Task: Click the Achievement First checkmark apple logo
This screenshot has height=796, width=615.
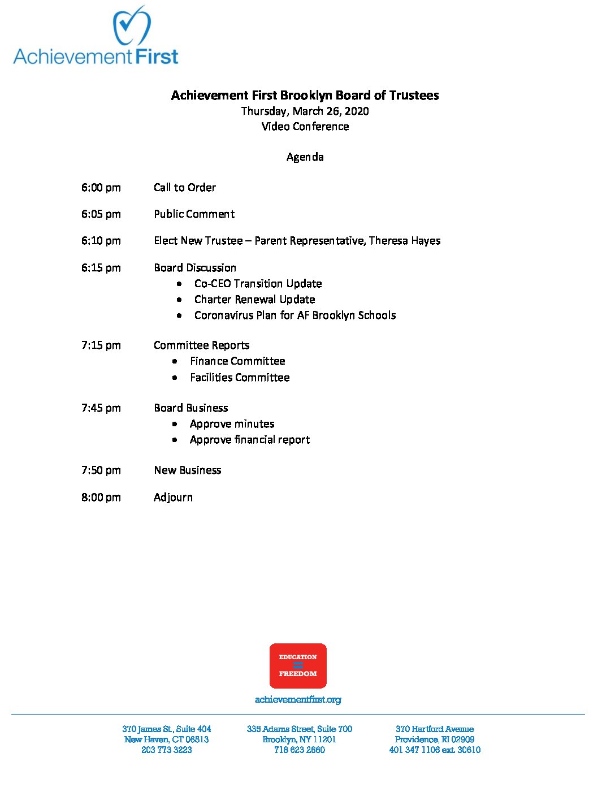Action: (x=132, y=27)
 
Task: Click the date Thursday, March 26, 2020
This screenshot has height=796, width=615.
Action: (x=305, y=111)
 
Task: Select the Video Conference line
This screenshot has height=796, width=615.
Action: (x=305, y=126)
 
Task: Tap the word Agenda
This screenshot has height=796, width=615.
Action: (x=305, y=157)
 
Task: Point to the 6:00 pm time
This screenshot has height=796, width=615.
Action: (x=101, y=187)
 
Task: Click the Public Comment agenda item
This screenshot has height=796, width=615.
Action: (x=194, y=214)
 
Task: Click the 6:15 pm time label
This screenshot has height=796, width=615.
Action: (x=101, y=267)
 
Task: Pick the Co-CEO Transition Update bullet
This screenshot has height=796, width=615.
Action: (x=258, y=283)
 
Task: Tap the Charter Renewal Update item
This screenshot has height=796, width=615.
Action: (x=254, y=299)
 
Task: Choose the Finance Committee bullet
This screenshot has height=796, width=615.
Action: (x=237, y=361)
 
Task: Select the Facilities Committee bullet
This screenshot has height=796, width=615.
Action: (x=240, y=377)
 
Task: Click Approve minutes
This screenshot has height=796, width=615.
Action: (x=232, y=423)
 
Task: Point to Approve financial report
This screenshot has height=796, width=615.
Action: (x=249, y=439)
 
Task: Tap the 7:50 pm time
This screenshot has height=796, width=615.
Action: (x=101, y=470)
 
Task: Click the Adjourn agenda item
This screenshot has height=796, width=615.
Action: (x=173, y=497)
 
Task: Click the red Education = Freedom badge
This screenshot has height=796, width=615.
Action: (x=298, y=665)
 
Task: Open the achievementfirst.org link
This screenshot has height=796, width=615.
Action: (x=298, y=699)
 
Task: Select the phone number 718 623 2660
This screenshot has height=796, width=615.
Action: (x=299, y=750)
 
